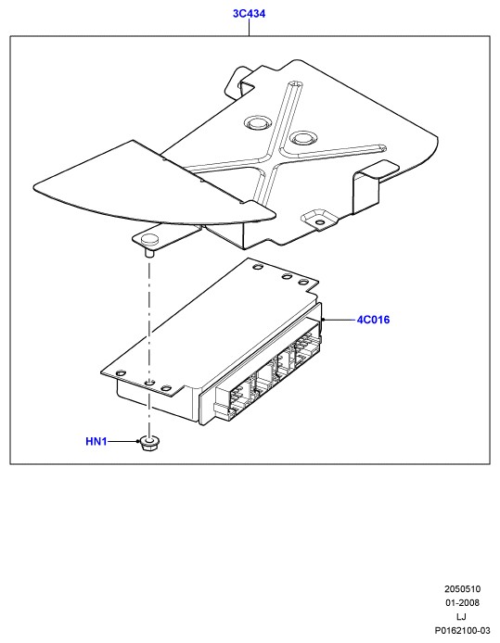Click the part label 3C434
pos(249,14)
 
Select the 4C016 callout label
pos(373,320)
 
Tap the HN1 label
pos(96,441)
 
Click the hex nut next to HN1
pos(150,444)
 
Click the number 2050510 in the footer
pos(462,589)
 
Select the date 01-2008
pos(462,603)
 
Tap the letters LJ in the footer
pos(461,616)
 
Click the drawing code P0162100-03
pos(462,630)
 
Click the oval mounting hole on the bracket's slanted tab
pos(319,222)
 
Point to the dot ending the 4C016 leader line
pos(324,319)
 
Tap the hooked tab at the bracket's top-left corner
pos(239,82)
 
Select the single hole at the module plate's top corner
pos(258,268)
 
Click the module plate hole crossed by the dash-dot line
pos(150,382)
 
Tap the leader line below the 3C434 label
pos(249,28)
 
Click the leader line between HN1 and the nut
pos(122,441)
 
